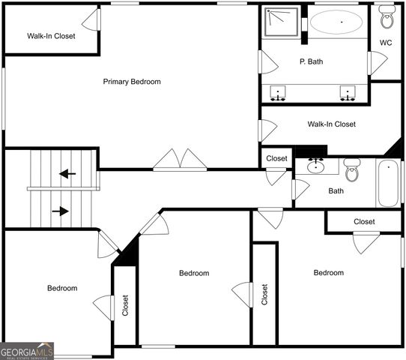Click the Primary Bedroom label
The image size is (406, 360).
click(132, 82)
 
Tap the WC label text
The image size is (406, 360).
click(386, 43)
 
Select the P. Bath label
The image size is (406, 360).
click(311, 61)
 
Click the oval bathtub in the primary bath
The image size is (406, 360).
click(338, 22)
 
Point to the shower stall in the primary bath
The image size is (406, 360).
click(284, 22)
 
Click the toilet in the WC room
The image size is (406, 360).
click(387, 16)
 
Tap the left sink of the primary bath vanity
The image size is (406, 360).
click(279, 94)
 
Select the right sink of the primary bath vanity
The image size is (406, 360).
click(347, 94)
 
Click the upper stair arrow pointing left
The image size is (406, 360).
click(67, 174)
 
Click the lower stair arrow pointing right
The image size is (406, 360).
click(60, 211)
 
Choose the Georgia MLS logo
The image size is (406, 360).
click(27, 350)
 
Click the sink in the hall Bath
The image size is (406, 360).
click(315, 166)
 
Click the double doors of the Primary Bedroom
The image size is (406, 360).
click(180, 160)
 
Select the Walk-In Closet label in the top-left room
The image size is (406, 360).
click(51, 35)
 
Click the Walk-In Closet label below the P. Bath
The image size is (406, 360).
click(331, 124)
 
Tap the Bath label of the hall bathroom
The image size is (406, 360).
click(336, 190)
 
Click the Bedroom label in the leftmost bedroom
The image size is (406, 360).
click(62, 288)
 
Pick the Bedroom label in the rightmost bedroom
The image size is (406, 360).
click(328, 273)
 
